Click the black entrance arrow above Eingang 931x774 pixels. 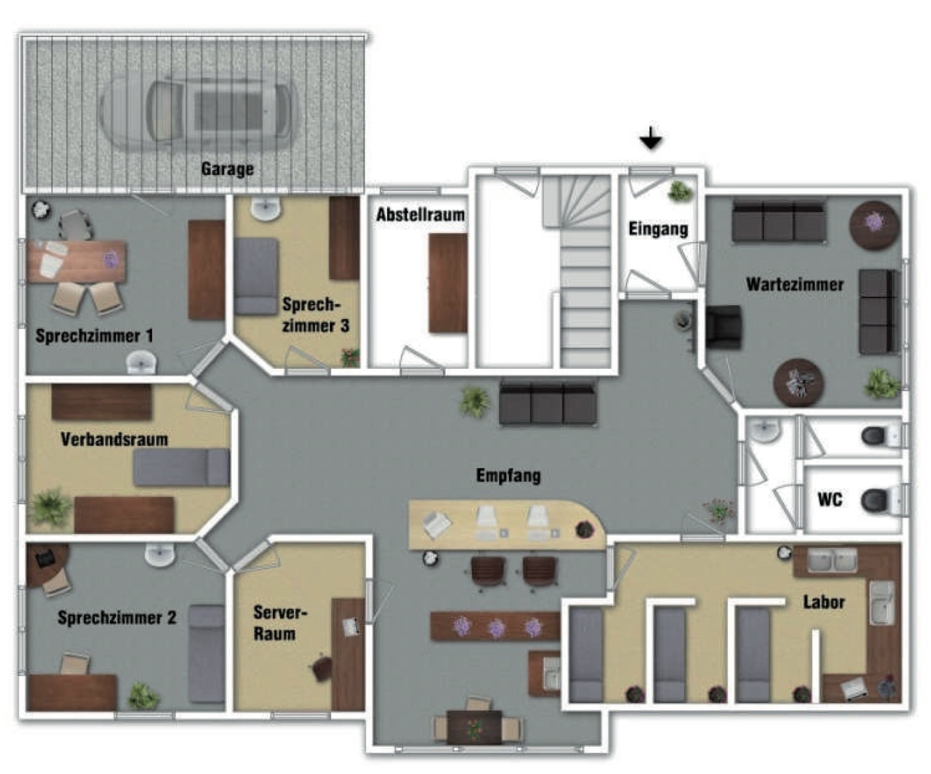pos(651,138)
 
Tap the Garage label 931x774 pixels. pos(227,169)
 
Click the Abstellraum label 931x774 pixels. pos(421,215)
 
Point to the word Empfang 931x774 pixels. pos(508,476)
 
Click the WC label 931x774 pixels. pos(829,500)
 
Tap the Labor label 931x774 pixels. pos(824,603)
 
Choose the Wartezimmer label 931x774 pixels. pos(795,284)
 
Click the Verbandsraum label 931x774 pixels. pos(115,439)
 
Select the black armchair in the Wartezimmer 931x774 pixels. pos(724,328)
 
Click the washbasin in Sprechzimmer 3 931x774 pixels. pos(266,209)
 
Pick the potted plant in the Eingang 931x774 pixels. pos(680,191)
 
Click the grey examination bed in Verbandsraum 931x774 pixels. pos(181,467)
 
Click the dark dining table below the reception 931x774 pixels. pos(475,726)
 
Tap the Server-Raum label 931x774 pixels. pos(279,624)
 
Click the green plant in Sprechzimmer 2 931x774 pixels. pos(143,696)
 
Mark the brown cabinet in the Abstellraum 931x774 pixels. pos(448,283)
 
